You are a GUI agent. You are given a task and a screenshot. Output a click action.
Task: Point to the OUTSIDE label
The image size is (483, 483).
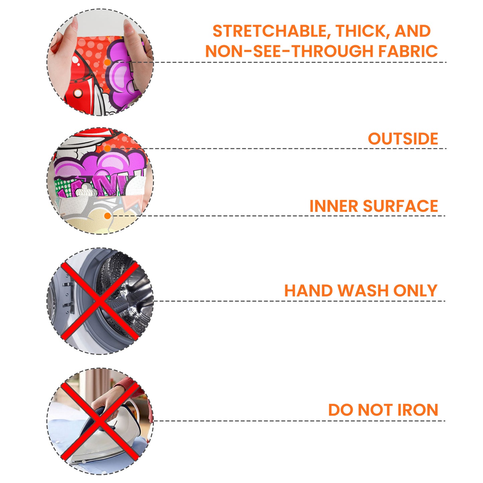(403, 139)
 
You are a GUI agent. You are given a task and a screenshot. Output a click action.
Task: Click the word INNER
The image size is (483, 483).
(334, 206)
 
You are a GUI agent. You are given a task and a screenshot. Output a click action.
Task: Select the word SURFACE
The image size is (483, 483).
(400, 206)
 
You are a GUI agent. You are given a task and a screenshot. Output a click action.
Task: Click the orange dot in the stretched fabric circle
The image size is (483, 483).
(107, 63)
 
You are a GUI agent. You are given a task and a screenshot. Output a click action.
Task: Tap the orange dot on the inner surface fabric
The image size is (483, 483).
(108, 216)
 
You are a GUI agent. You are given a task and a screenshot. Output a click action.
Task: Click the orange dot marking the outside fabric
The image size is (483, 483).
(108, 148)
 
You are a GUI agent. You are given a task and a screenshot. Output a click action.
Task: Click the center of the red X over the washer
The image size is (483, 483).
(100, 301)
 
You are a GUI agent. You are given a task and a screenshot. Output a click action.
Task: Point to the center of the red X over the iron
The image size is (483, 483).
(100, 421)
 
